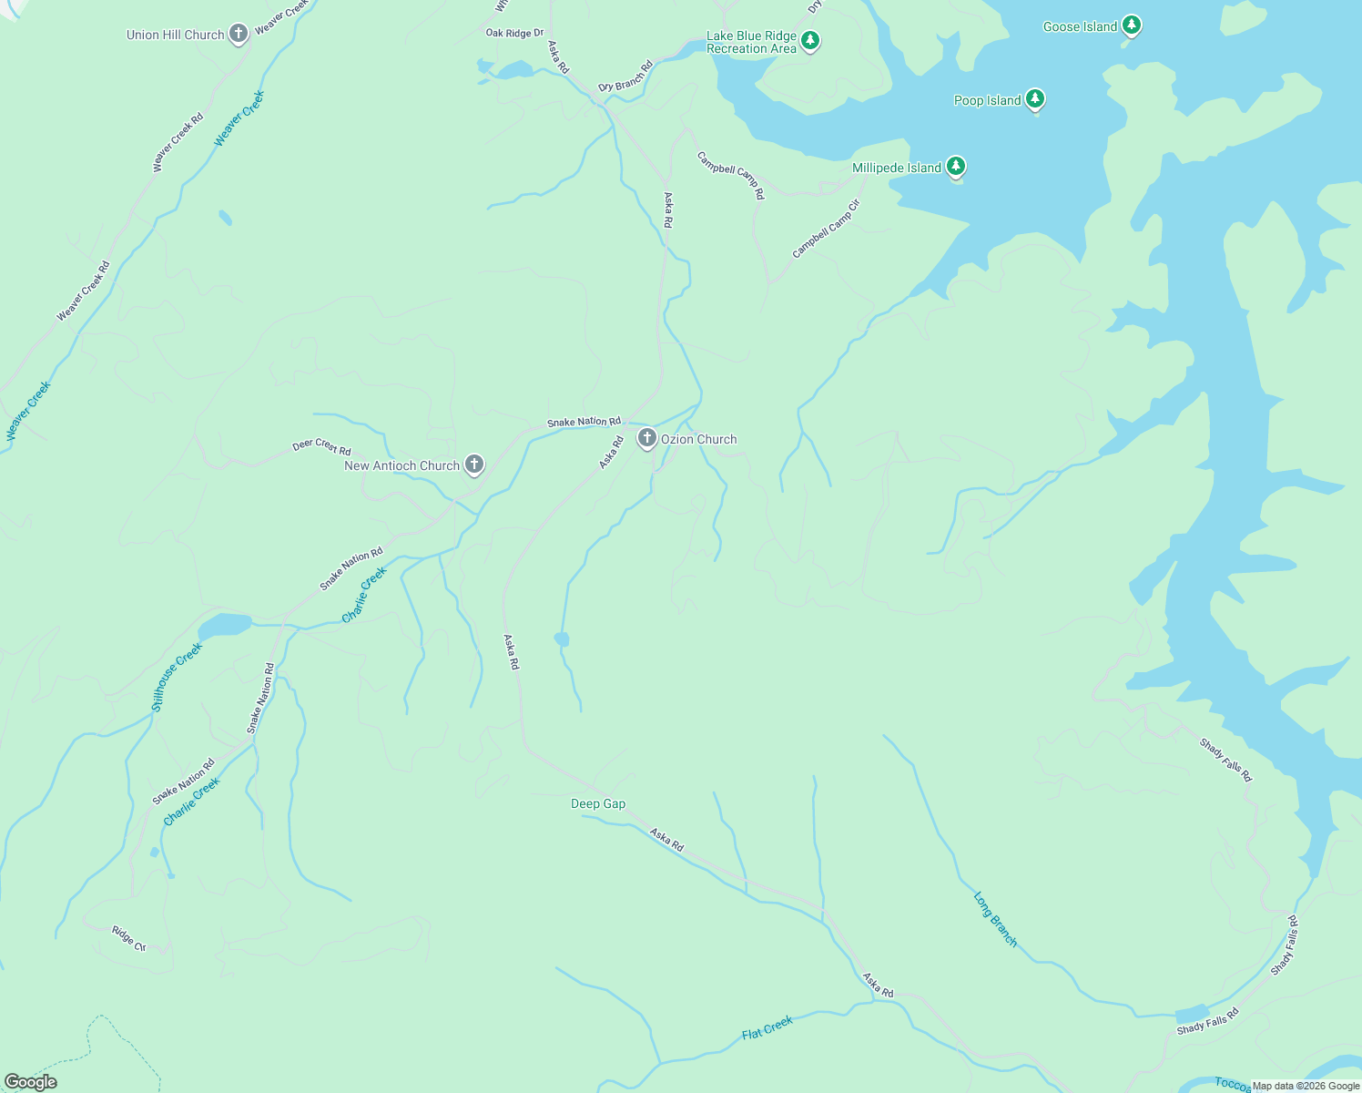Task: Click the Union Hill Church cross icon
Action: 238,35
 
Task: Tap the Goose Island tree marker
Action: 1131,26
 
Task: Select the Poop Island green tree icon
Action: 1034,99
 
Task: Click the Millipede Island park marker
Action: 955,167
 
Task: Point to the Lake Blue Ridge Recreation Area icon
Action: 810,41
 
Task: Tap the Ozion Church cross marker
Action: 646,439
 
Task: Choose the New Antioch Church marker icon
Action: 473,465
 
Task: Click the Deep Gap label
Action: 598,803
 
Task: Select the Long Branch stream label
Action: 995,919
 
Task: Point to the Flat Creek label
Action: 767,1027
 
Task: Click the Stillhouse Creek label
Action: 177,677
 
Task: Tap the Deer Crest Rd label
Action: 321,447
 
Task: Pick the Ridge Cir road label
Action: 128,939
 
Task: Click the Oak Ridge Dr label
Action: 514,33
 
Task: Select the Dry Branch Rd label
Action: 625,76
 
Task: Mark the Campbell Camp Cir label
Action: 825,230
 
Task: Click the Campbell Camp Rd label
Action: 731,175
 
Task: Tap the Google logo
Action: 31,1081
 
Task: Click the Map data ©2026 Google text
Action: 1306,1086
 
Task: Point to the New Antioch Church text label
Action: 401,465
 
